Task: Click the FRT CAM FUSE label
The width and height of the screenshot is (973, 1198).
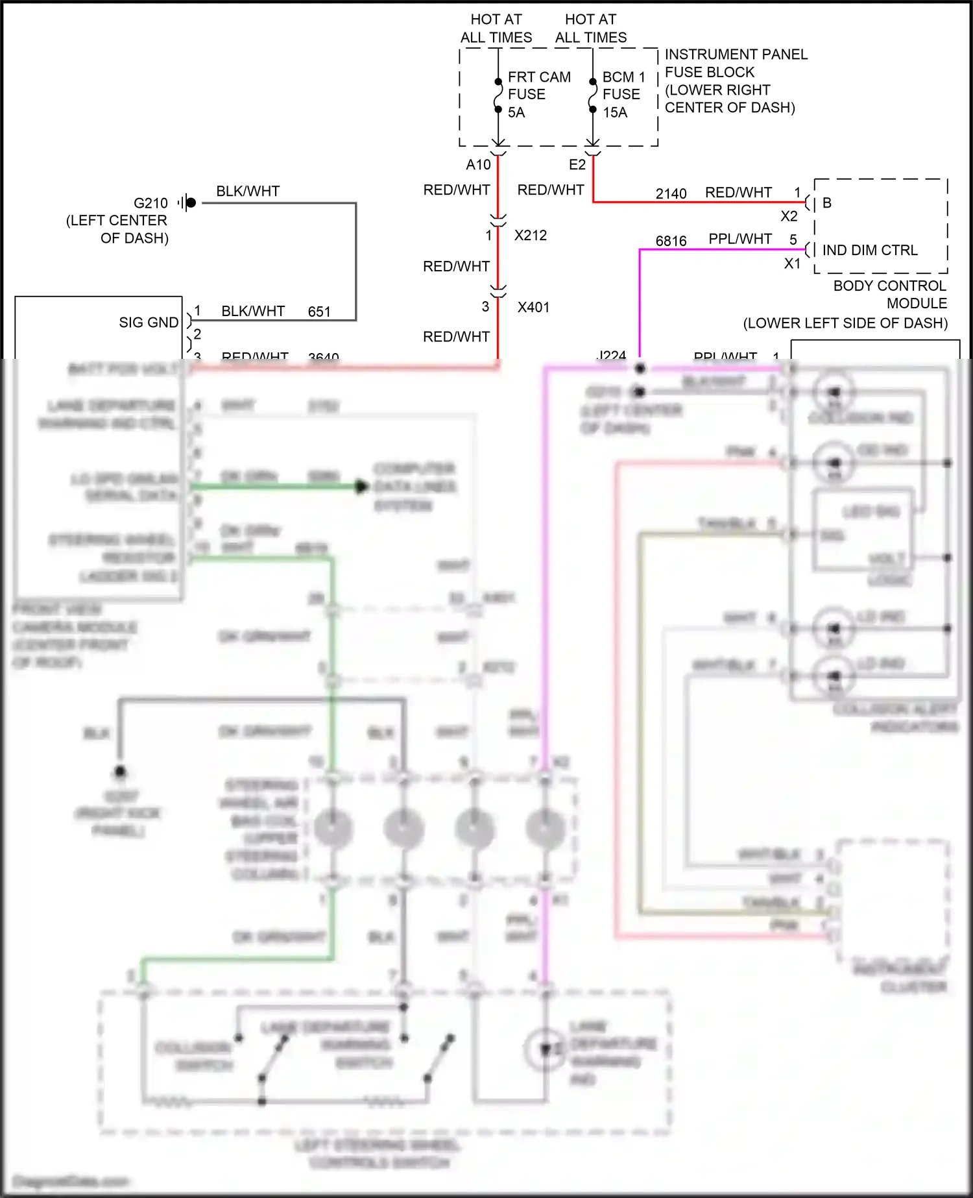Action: click(x=538, y=86)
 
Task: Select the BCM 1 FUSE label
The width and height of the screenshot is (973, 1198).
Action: click(x=623, y=86)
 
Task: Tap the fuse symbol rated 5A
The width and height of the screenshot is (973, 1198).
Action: click(x=498, y=95)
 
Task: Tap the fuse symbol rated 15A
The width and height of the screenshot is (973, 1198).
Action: click(x=592, y=95)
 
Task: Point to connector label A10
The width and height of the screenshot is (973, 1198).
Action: click(x=478, y=165)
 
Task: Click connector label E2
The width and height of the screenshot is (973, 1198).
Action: click(x=577, y=165)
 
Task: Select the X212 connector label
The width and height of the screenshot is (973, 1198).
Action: click(x=530, y=236)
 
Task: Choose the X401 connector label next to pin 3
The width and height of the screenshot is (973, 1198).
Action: click(x=533, y=308)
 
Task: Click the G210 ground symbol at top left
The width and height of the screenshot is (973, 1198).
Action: click(x=189, y=202)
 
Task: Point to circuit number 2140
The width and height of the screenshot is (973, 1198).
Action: click(x=671, y=194)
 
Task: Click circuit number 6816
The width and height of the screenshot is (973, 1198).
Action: click(x=671, y=241)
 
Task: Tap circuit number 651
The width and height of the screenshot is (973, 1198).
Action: click(x=319, y=312)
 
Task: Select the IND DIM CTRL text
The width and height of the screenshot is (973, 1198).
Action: click(x=869, y=251)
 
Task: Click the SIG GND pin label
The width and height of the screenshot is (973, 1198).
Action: click(x=149, y=323)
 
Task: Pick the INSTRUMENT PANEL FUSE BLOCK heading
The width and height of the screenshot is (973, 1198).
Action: click(x=736, y=63)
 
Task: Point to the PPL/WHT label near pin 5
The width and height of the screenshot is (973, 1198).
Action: click(x=739, y=239)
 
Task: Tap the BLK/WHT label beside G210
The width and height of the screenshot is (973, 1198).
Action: click(x=248, y=191)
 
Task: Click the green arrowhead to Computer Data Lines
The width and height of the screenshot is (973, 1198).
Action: click(x=361, y=486)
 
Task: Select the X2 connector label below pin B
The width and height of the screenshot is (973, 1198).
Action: click(x=789, y=217)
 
